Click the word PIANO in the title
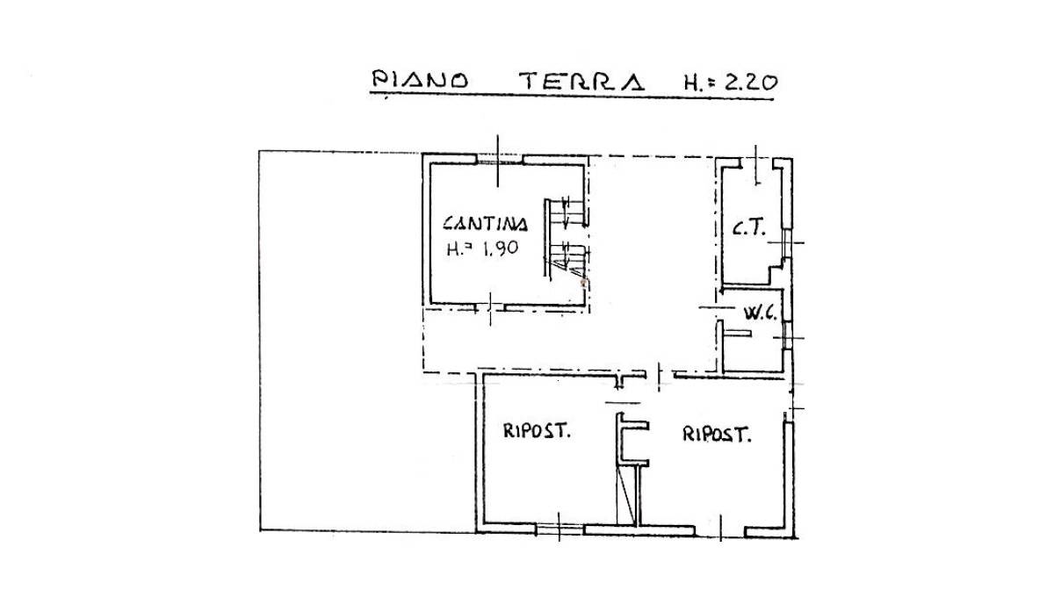pos(420,80)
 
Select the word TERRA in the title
pos(581,81)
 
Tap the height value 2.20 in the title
pos(751,83)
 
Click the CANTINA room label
pos(485,224)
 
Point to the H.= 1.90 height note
pos(482,248)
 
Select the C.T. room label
pos(749,228)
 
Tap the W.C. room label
pos(760,313)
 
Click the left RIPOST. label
pos(537,430)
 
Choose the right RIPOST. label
pos(717,434)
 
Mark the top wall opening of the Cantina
pos(499,161)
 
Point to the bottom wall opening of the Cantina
pos(490,308)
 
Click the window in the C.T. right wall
pos(787,243)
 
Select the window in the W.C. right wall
pos(787,335)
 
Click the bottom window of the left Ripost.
pos(559,529)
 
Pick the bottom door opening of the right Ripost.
pos(720,531)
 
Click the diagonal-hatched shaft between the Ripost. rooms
pos(628,494)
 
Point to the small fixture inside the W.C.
pos(737,334)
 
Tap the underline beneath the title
pos(571,97)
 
